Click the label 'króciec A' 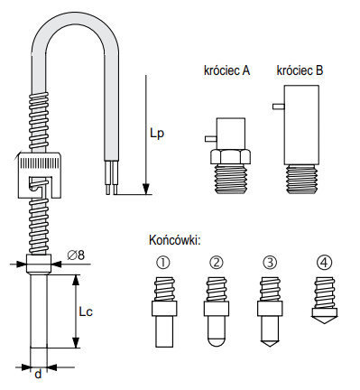click(x=226, y=70)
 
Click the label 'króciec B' click(x=300, y=70)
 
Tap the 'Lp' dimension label click(x=157, y=134)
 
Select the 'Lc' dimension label click(x=86, y=311)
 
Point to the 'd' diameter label click(x=38, y=374)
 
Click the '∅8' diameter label click(x=76, y=255)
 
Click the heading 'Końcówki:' click(x=174, y=240)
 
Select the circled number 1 click(x=163, y=263)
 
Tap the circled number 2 click(x=217, y=263)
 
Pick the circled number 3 click(x=270, y=263)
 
